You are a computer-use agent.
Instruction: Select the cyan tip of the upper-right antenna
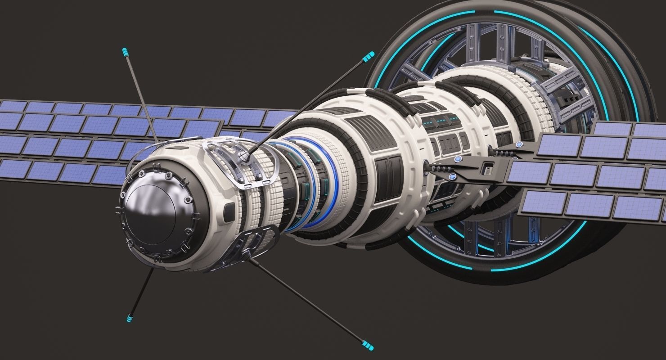tap(369, 57)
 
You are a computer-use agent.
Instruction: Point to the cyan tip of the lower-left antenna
tap(130, 318)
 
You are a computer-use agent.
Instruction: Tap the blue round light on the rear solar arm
tap(519, 145)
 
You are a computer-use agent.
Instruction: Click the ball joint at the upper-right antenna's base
tap(244, 156)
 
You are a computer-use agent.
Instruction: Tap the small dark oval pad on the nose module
tap(229, 208)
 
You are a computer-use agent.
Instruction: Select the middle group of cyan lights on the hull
tap(441, 121)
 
